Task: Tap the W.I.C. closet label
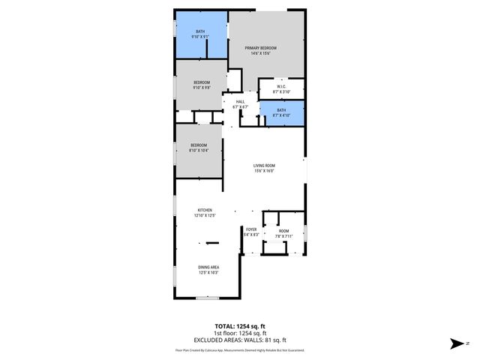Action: coord(281,86)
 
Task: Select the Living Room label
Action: coord(263,166)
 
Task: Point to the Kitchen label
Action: coord(205,210)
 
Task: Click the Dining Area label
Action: coord(208,268)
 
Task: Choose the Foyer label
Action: coord(250,229)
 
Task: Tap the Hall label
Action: coord(240,102)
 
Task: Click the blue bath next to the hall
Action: coord(282,113)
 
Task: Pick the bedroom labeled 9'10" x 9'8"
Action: coord(201,85)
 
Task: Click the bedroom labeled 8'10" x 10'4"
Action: coord(198,147)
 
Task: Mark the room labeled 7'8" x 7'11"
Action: coord(283,232)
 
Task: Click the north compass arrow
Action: coord(457,343)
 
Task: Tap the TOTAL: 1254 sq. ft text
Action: coord(240,327)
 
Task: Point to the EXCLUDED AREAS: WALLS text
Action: coord(240,339)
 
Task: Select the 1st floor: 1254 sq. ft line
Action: coord(240,333)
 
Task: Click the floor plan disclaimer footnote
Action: coord(240,349)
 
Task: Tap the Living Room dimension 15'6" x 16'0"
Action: coord(263,171)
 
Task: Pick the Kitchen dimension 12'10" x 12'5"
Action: coord(205,215)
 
